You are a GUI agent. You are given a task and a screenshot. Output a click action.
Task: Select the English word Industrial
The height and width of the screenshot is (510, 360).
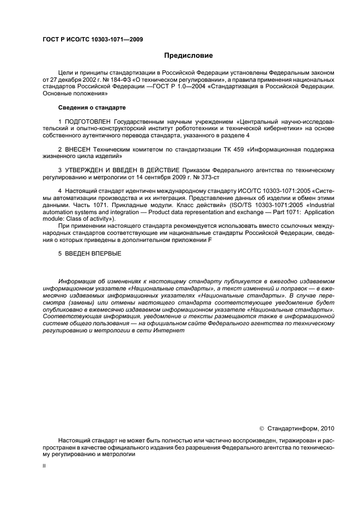point(320,205)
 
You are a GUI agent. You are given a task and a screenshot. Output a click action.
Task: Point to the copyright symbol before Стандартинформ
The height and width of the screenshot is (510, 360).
point(261,428)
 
